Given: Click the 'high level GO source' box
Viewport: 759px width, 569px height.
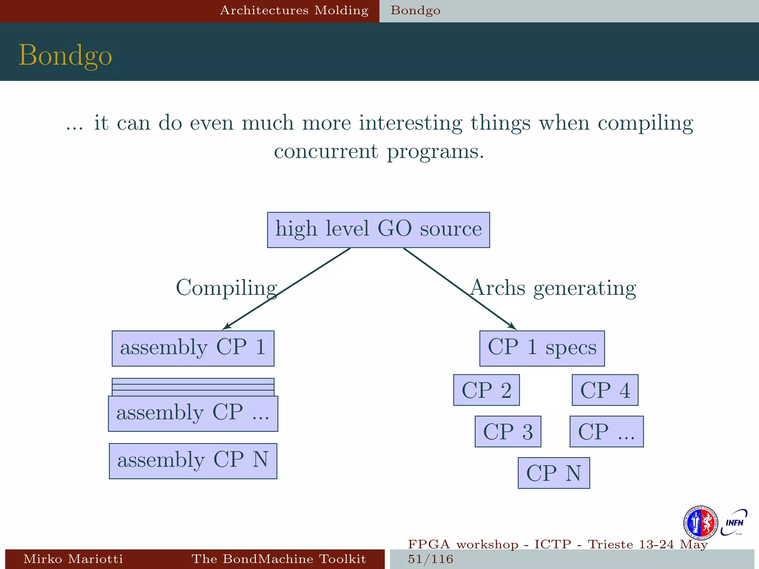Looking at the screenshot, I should (378, 230).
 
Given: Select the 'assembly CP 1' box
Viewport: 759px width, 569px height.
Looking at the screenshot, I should (193, 348).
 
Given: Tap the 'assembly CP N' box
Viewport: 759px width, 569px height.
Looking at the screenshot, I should (193, 461).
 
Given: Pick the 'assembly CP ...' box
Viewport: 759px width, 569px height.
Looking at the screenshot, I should (193, 413).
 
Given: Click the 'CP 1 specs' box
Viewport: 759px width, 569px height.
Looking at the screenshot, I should (542, 348).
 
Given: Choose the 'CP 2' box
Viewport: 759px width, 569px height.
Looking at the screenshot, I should (486, 390).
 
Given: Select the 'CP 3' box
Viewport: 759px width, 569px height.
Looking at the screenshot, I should (508, 432).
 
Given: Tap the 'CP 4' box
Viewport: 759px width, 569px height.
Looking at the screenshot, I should (605, 390).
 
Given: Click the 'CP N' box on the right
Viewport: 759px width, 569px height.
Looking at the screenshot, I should (554, 473).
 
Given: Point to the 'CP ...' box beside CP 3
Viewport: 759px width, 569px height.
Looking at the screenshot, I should (606, 432).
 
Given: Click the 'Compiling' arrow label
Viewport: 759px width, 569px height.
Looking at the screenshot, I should (226, 288).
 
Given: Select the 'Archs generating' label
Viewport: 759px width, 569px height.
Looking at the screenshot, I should (553, 288).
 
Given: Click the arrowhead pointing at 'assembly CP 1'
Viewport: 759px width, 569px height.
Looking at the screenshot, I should (226, 327).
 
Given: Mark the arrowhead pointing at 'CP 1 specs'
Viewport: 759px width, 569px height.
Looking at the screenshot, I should (513, 327).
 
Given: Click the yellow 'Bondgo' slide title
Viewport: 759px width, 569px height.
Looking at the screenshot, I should (65, 55).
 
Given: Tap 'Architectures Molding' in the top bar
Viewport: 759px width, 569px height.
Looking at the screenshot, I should (294, 10).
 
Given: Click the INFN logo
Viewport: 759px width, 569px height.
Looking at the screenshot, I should (734, 523).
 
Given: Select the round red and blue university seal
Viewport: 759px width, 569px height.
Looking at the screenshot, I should (700, 523).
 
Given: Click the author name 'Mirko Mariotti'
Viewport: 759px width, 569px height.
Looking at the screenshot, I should (73, 559).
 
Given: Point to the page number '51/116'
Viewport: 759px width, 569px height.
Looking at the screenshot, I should (431, 559).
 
